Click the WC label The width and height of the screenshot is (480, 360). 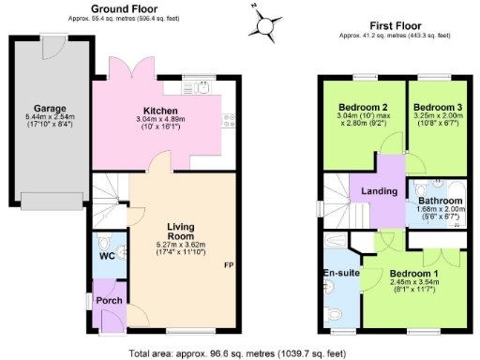pos(107,256)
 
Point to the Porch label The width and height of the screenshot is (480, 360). pos(108,301)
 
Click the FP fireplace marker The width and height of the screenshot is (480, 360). pos(228,265)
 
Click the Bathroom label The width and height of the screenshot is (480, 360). pos(440,201)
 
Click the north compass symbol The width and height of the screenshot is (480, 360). pos(265,21)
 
